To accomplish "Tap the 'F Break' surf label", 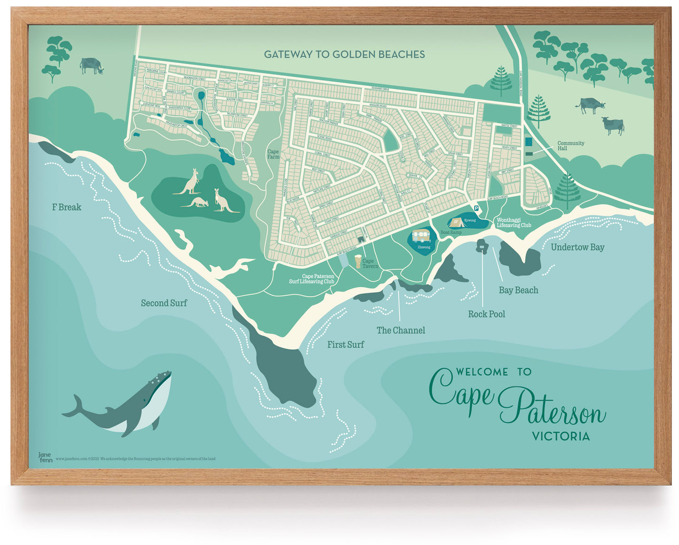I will pyautogui.click(x=66, y=207).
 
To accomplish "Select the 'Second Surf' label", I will pyautogui.click(x=164, y=303).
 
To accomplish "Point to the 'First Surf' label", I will pyautogui.click(x=345, y=345).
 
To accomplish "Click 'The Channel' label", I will pyautogui.click(x=400, y=331).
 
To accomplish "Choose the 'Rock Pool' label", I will pyautogui.click(x=486, y=314).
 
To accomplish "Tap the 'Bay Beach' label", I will pyautogui.click(x=518, y=290).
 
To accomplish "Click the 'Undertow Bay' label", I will pyautogui.click(x=577, y=247).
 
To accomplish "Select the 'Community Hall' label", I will pyautogui.click(x=570, y=146).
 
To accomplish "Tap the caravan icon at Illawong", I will pyautogui.click(x=421, y=236).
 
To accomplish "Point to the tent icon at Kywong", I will pyautogui.click(x=456, y=222).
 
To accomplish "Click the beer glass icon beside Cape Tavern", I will pyautogui.click(x=359, y=261).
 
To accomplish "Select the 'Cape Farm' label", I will pyautogui.click(x=273, y=154).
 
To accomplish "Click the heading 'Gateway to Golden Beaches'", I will pyautogui.click(x=344, y=55).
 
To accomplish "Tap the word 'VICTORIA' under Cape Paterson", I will pyautogui.click(x=561, y=436).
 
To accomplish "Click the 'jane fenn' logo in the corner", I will pyautogui.click(x=45, y=457).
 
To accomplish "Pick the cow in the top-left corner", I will pyautogui.click(x=91, y=65).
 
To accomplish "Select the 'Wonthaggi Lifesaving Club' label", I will pyautogui.click(x=514, y=222).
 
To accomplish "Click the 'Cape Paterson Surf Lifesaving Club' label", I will pyautogui.click(x=311, y=279).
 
